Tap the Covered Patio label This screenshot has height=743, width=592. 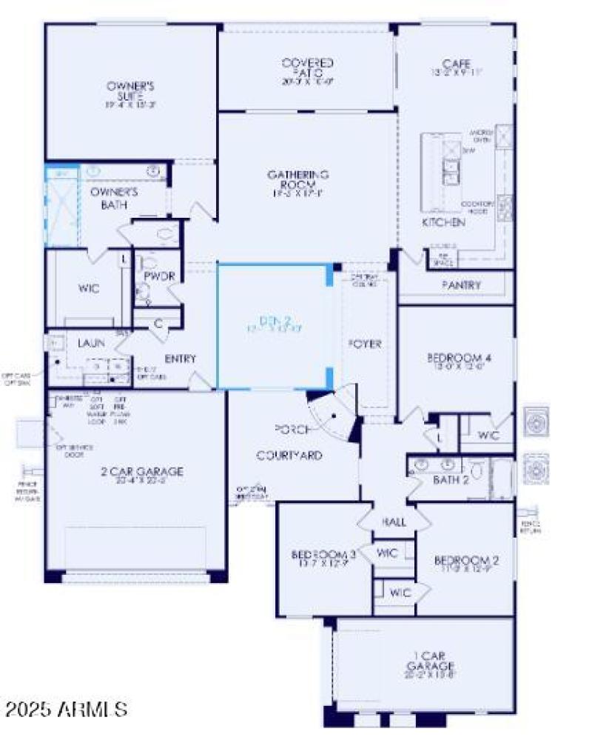(x=307, y=69)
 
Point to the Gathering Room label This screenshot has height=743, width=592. (x=298, y=180)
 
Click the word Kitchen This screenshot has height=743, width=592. (x=443, y=222)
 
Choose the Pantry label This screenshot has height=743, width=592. (x=462, y=284)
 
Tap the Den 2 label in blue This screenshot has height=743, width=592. (x=264, y=322)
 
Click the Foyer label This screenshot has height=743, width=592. (x=365, y=344)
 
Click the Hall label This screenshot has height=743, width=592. (x=394, y=522)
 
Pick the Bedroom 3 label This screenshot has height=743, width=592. (x=324, y=555)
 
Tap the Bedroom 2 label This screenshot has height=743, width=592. (x=466, y=560)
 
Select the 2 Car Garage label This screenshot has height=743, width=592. (x=142, y=471)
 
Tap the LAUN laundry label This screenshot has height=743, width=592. (x=91, y=344)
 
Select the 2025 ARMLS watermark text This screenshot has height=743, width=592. (x=65, y=710)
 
